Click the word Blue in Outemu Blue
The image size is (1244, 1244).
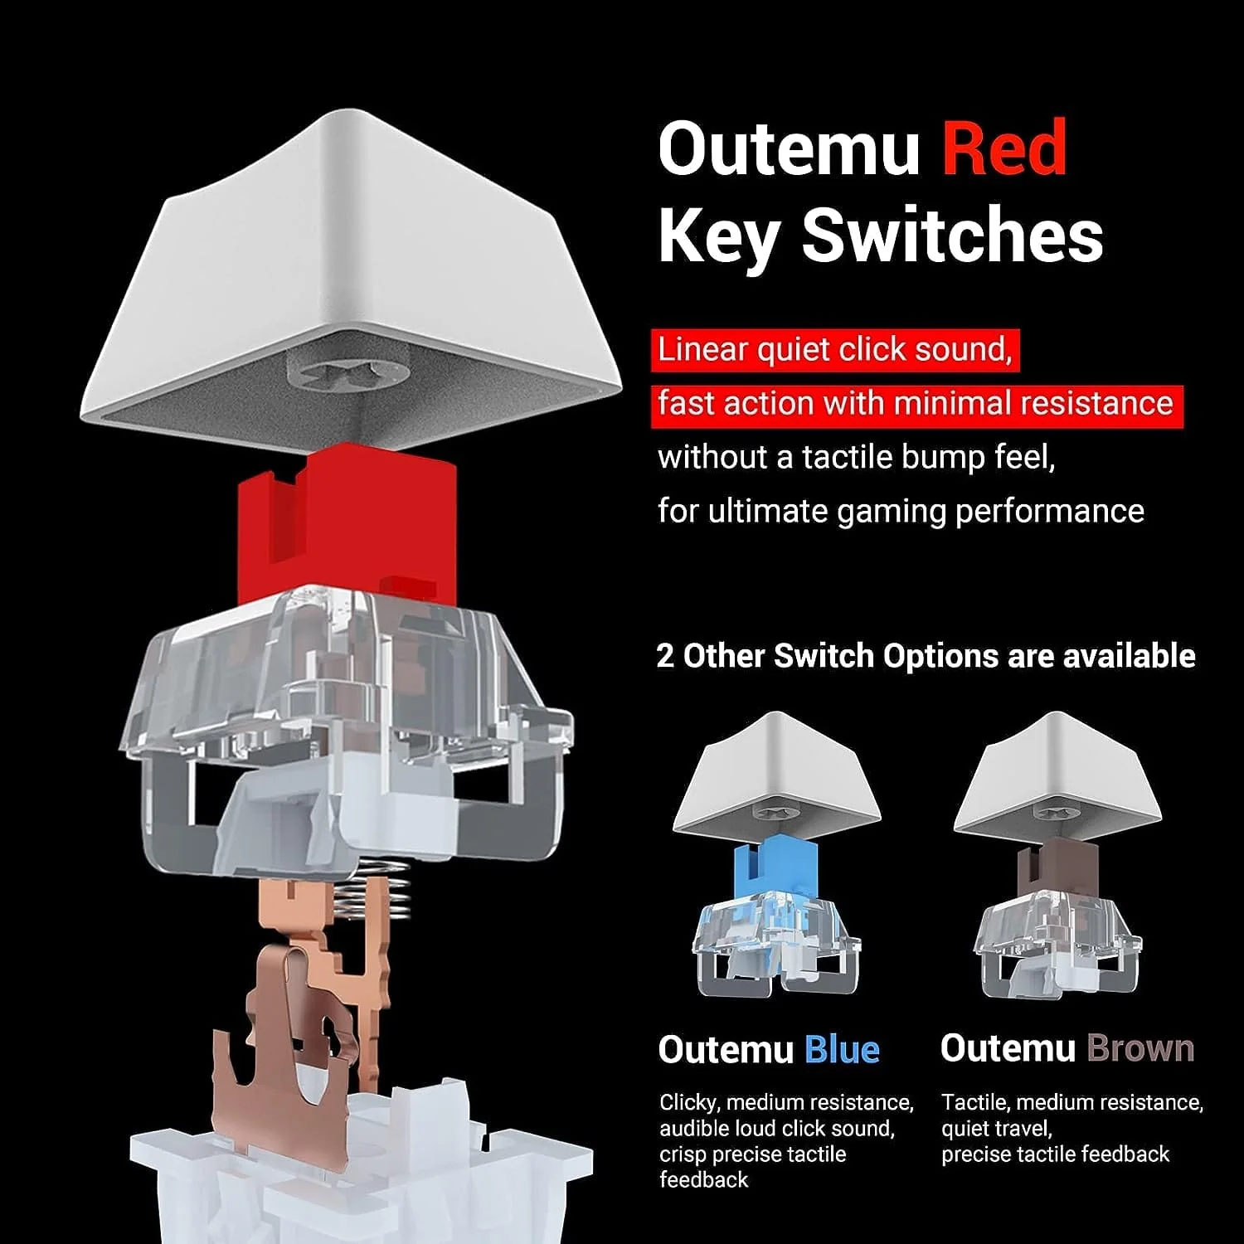click(x=842, y=1050)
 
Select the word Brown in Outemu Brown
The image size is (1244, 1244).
click(x=1140, y=1048)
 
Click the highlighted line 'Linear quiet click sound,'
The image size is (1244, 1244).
click(x=835, y=350)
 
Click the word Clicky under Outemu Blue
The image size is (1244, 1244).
click(x=688, y=1103)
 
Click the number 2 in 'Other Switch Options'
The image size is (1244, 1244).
click(x=665, y=656)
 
